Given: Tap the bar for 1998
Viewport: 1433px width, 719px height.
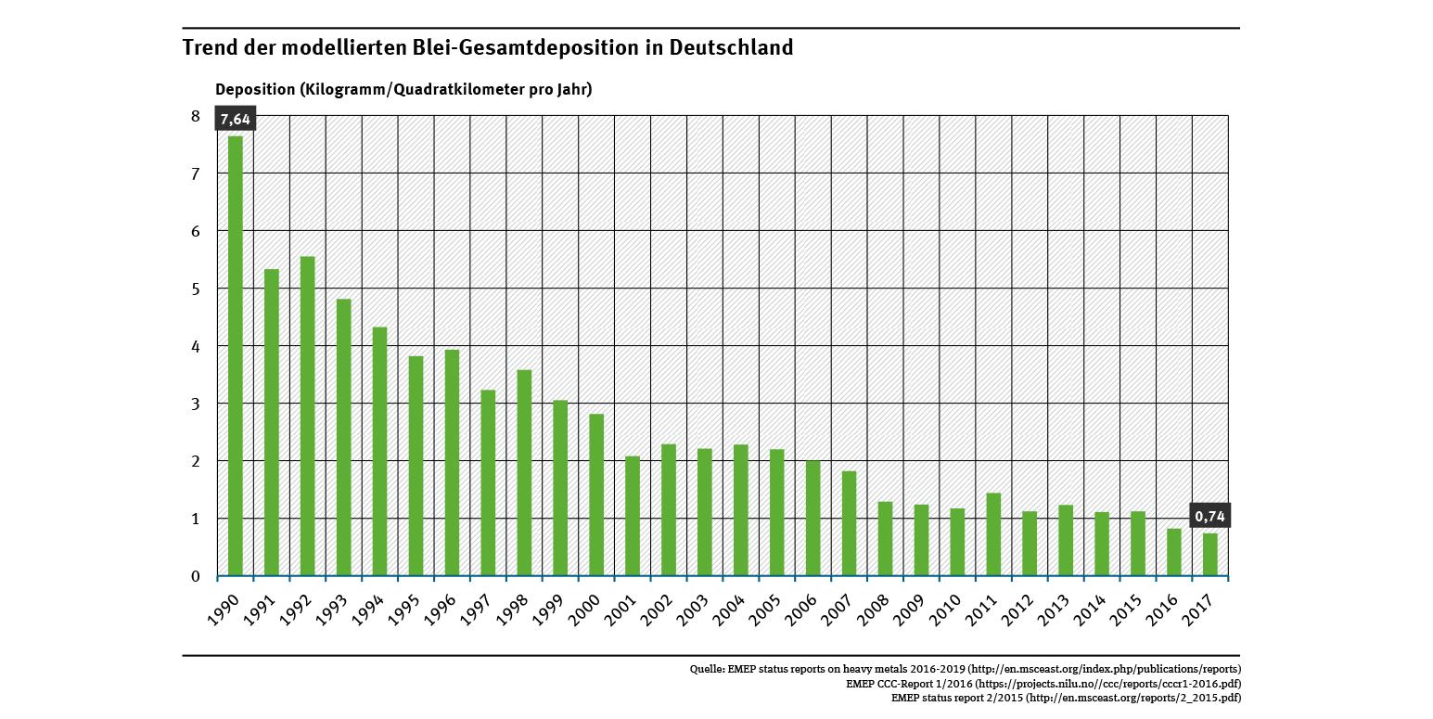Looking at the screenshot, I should pyautogui.click(x=525, y=472).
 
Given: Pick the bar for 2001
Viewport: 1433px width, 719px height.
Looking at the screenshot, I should pyautogui.click(x=633, y=516).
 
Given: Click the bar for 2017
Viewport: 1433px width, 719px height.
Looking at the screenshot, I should pyautogui.click(x=1210, y=554).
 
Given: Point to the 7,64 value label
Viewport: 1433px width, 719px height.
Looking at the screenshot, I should pyautogui.click(x=236, y=120).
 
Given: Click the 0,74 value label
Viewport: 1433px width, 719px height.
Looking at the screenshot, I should pyautogui.click(x=1210, y=516).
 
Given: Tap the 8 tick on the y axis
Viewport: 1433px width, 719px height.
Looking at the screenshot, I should pyautogui.click(x=196, y=116).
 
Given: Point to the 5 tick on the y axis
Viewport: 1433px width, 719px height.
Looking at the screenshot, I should pyautogui.click(x=196, y=289).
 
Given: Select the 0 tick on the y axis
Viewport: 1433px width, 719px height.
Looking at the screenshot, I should pyautogui.click(x=196, y=576).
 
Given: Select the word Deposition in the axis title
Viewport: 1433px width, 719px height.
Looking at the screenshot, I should pyautogui.click(x=254, y=89).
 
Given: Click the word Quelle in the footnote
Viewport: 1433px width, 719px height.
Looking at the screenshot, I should pyautogui.click(x=707, y=668).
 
